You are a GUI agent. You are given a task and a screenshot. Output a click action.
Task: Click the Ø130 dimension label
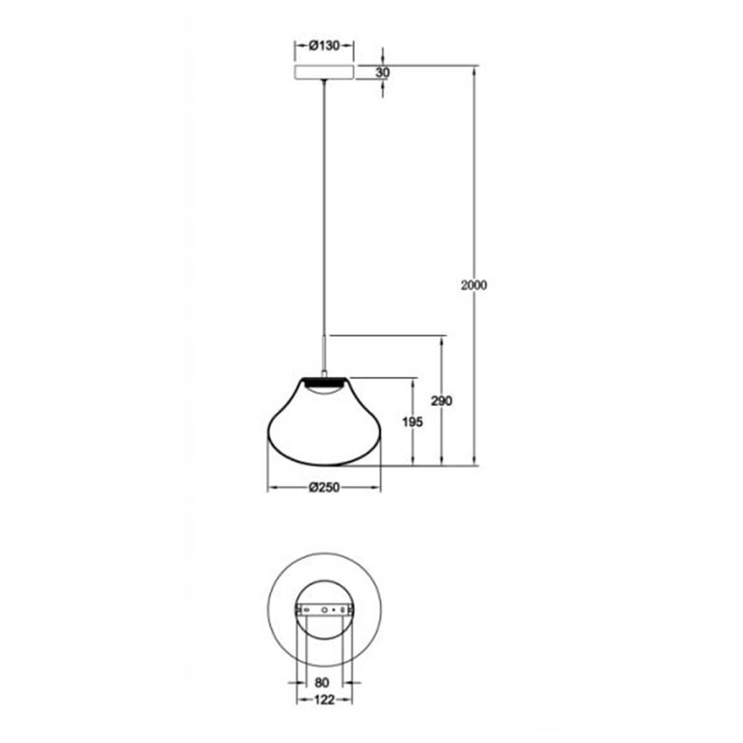(324, 46)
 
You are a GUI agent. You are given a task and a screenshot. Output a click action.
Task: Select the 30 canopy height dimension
(383, 72)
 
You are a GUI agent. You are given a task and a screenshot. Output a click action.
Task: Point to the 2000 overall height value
(474, 285)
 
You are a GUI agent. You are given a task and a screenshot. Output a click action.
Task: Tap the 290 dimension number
(441, 401)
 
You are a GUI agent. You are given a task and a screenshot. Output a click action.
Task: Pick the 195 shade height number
(412, 422)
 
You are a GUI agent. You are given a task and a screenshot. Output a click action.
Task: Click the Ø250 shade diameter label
(324, 488)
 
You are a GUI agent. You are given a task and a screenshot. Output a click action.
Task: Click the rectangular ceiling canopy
(324, 72)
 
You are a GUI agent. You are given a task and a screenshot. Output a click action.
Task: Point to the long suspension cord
(324, 204)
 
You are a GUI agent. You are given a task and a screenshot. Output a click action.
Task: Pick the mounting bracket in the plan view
(324, 610)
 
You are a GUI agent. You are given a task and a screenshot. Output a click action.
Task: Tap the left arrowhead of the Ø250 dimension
(271, 488)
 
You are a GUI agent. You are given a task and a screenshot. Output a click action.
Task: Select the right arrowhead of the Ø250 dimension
(377, 488)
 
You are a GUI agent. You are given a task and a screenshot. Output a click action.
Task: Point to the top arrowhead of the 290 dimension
(441, 341)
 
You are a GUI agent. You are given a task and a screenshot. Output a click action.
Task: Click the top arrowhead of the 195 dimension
(412, 382)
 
